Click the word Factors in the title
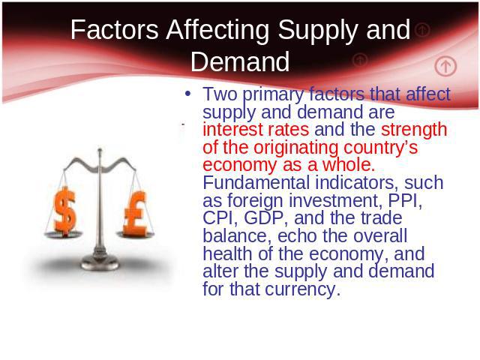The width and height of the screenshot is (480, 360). pyautogui.click(x=115, y=29)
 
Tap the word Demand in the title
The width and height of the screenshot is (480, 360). pyautogui.click(x=240, y=61)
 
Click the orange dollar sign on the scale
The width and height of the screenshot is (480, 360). pyautogui.click(x=64, y=211)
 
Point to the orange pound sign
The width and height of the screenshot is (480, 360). pyautogui.click(x=135, y=213)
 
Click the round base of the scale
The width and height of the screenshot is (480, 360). pyautogui.click(x=100, y=263)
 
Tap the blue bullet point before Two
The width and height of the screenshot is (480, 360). pyautogui.click(x=188, y=93)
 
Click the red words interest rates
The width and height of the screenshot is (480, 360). pyautogui.click(x=256, y=130)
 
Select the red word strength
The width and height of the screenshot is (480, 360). pyautogui.click(x=414, y=130)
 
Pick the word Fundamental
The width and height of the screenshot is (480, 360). pyautogui.click(x=256, y=182)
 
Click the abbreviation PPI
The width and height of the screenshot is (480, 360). pyautogui.click(x=405, y=201)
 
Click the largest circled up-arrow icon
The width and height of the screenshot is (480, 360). pyautogui.click(x=445, y=66)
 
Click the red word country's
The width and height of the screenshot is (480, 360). pyautogui.click(x=380, y=148)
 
